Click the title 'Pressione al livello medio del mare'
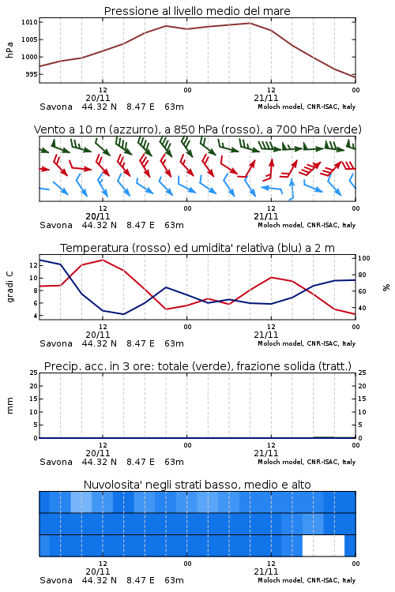click(x=197, y=11)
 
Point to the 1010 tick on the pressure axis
click(x=29, y=22)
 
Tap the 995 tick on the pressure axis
click(x=32, y=74)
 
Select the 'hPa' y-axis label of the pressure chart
click(x=9, y=50)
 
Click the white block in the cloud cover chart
click(x=323, y=545)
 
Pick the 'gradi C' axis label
click(x=9, y=287)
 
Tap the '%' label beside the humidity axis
click(x=386, y=287)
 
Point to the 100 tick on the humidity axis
click(x=364, y=258)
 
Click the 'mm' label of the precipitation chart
click(x=9, y=406)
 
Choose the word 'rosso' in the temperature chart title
click(x=151, y=248)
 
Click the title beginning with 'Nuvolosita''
click(x=197, y=485)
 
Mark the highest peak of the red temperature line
click(x=103, y=260)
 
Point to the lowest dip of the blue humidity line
click(x=123, y=314)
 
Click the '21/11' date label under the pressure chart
click(x=265, y=98)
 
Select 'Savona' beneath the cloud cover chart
click(x=56, y=580)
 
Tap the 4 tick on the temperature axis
click(x=35, y=316)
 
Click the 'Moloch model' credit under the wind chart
click(x=280, y=225)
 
